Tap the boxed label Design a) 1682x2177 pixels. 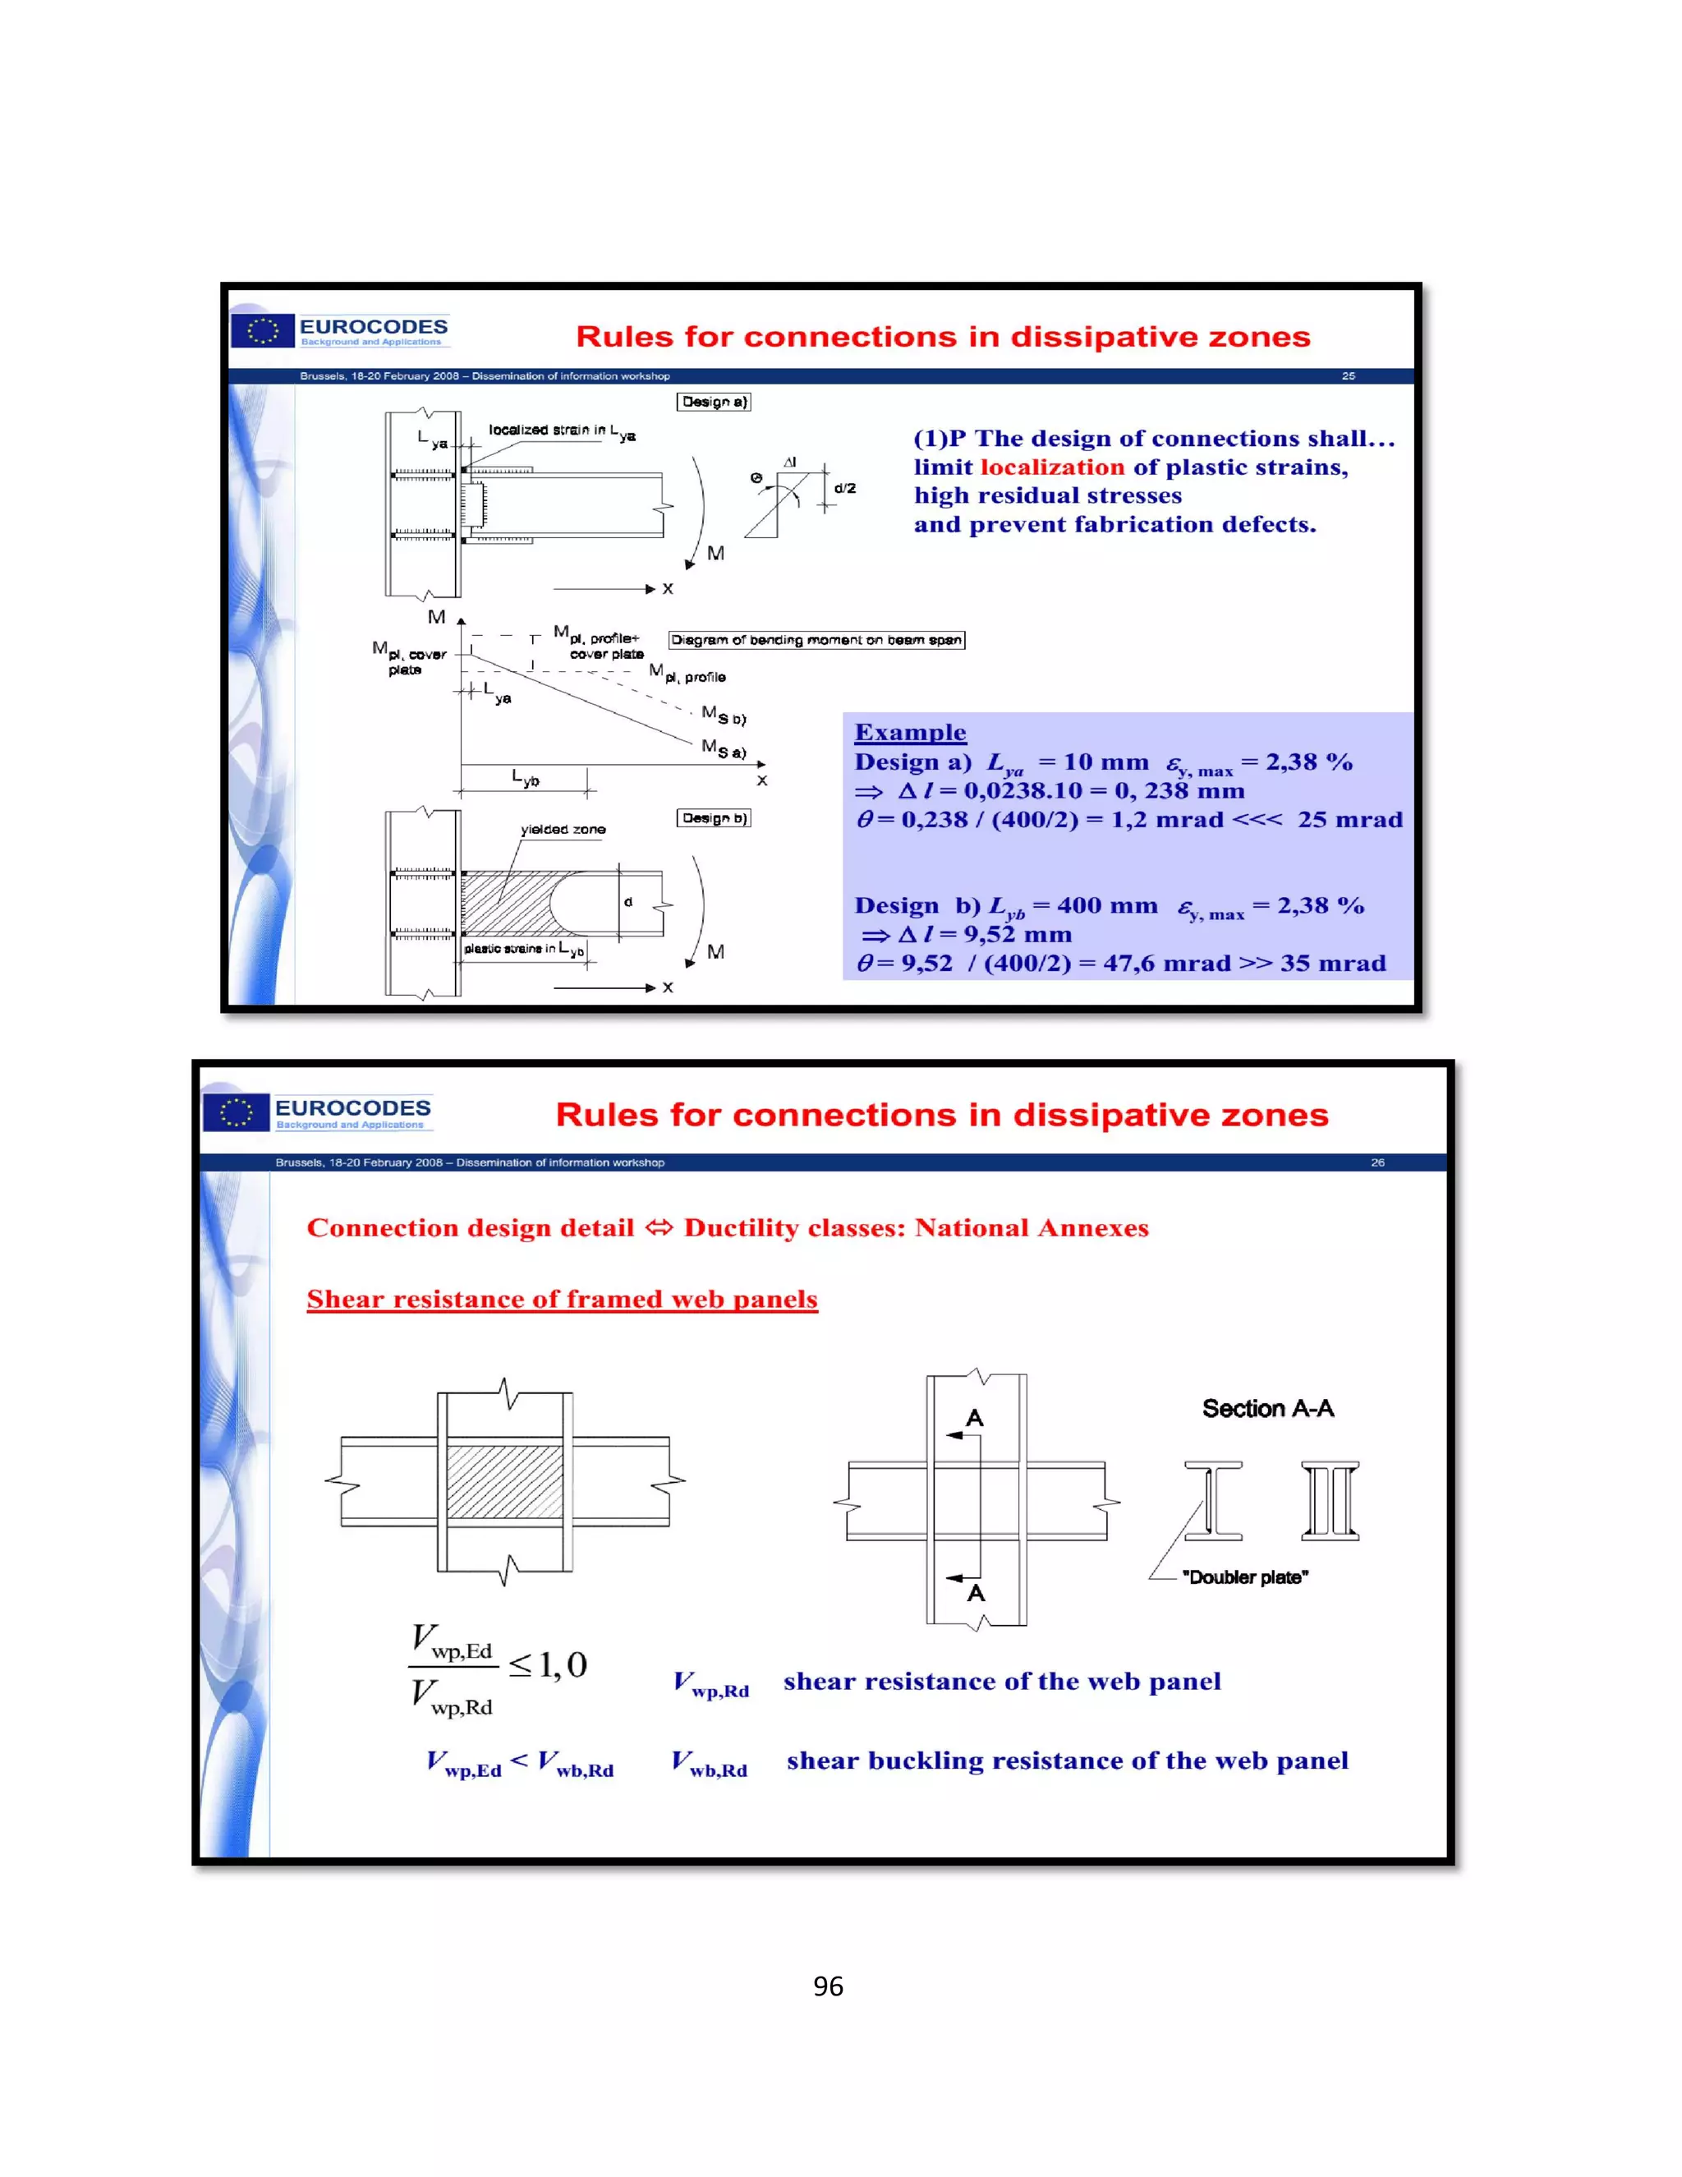click(714, 402)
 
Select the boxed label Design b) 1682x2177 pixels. click(714, 818)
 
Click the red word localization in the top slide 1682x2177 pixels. click(1052, 467)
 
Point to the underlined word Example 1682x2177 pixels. click(910, 733)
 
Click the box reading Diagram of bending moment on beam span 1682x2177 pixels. click(816, 640)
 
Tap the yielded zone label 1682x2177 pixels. click(563, 830)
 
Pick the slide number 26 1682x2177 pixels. click(1377, 1162)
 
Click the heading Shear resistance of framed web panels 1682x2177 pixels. click(562, 1299)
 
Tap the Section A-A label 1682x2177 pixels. click(1267, 1408)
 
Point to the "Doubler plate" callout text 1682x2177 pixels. click(1244, 1577)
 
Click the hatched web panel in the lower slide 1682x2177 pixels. click(504, 1481)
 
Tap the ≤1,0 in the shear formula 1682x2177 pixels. click(548, 1664)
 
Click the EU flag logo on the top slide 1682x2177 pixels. click(263, 331)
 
